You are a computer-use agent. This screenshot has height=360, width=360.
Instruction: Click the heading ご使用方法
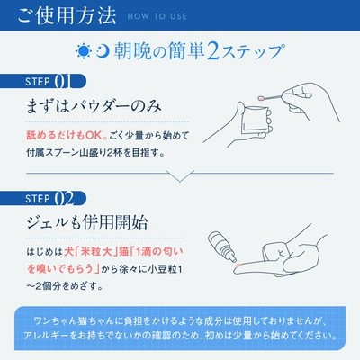(x=67, y=15)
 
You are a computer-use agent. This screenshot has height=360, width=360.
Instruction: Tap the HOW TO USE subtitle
(x=157, y=16)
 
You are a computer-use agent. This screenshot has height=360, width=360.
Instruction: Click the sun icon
(x=84, y=51)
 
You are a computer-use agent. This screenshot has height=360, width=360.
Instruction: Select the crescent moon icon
(x=103, y=51)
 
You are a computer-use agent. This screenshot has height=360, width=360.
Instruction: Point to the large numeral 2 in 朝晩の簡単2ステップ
(x=213, y=51)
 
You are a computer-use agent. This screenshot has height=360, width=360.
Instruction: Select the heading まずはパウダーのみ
(x=94, y=107)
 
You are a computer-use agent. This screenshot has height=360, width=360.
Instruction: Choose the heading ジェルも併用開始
(x=87, y=223)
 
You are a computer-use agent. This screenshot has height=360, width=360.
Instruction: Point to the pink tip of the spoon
(x=261, y=98)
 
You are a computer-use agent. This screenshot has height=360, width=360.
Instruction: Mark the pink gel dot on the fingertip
(x=238, y=265)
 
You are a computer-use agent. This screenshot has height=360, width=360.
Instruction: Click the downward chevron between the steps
(x=180, y=177)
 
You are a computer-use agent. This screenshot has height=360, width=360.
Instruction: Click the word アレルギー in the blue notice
(x=46, y=335)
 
